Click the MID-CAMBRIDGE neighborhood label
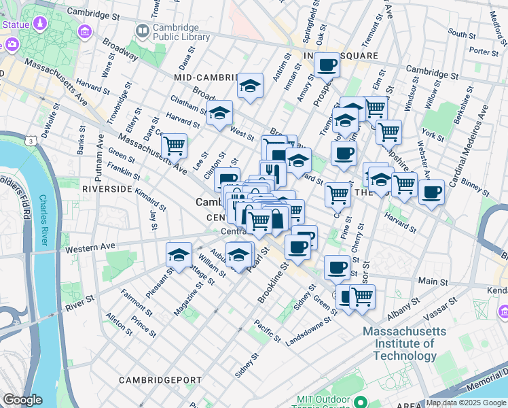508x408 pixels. coord(205,78)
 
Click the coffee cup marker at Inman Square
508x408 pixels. coord(327,65)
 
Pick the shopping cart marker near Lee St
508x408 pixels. coord(175,145)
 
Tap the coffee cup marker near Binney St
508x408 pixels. coord(431,192)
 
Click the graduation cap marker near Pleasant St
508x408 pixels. coord(179,255)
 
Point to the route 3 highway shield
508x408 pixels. coord(31,141)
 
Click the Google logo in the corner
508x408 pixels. coord(23,400)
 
